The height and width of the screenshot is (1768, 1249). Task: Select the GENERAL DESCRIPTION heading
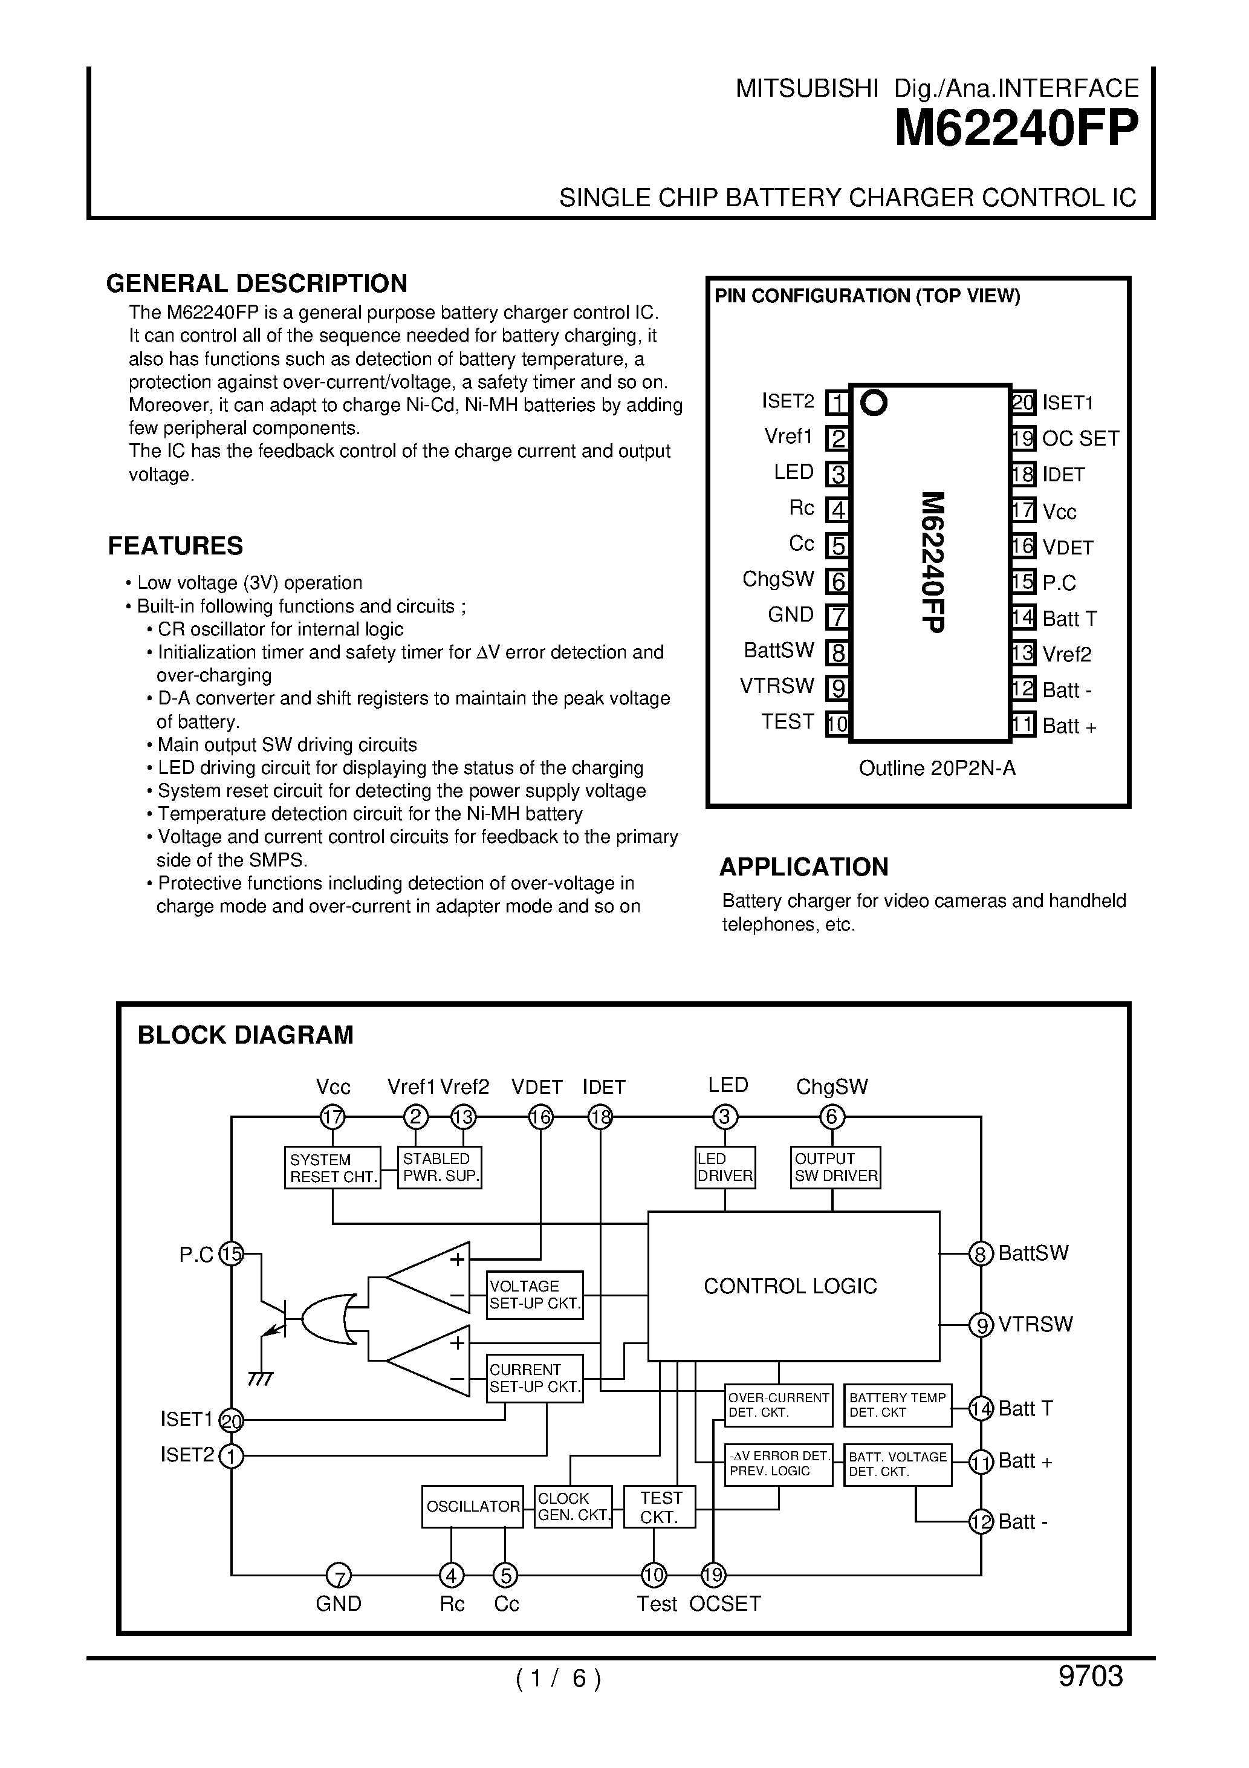(x=256, y=284)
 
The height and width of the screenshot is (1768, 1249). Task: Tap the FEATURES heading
(x=175, y=545)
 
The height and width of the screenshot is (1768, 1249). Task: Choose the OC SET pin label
(x=1080, y=438)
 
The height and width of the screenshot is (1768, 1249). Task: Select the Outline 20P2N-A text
(x=936, y=768)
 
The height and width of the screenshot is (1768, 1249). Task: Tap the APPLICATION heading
(x=803, y=866)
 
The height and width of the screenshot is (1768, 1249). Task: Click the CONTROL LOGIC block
(x=793, y=1285)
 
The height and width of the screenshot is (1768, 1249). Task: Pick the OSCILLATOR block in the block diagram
(x=472, y=1506)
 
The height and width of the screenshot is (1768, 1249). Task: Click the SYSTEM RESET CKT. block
(x=332, y=1168)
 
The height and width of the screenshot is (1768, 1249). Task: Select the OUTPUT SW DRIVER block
(x=835, y=1168)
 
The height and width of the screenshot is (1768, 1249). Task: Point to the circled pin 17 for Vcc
(x=332, y=1117)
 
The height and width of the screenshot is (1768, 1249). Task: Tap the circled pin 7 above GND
(x=338, y=1576)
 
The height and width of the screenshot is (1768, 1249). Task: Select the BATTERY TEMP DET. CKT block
(x=897, y=1405)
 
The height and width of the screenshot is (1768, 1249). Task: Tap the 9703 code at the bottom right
(x=1091, y=1675)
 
